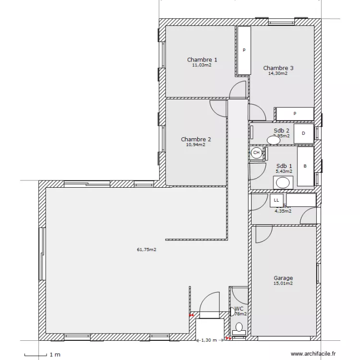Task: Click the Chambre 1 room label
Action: click(202, 60)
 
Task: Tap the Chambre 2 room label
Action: click(196, 139)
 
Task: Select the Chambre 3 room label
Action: click(278, 68)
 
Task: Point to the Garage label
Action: click(283, 278)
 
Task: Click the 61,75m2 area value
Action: click(148, 250)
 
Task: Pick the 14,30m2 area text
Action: click(278, 73)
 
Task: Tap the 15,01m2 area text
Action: click(283, 283)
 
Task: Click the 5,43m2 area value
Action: click(284, 171)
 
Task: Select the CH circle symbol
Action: click(257, 153)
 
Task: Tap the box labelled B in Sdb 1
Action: click(305, 167)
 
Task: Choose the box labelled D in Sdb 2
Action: click(303, 133)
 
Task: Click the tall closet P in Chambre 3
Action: click(244, 50)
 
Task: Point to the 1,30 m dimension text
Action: click(208, 340)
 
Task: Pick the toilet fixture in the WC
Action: click(239, 328)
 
